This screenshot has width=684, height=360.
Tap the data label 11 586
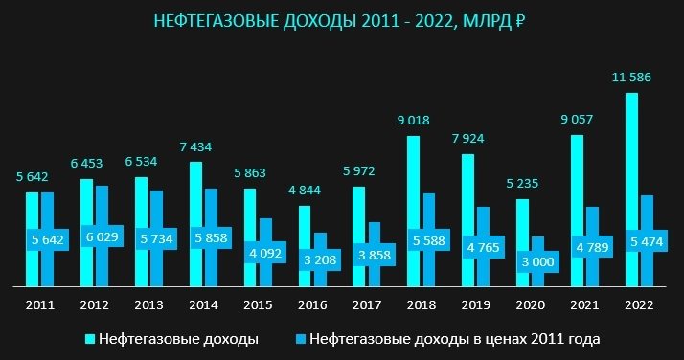pos(631,76)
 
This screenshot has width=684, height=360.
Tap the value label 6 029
pos(102,236)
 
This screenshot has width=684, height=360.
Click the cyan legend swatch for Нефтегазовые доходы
pos(91,339)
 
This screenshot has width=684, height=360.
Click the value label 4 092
pos(264,254)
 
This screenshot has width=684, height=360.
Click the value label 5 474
pos(646,243)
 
